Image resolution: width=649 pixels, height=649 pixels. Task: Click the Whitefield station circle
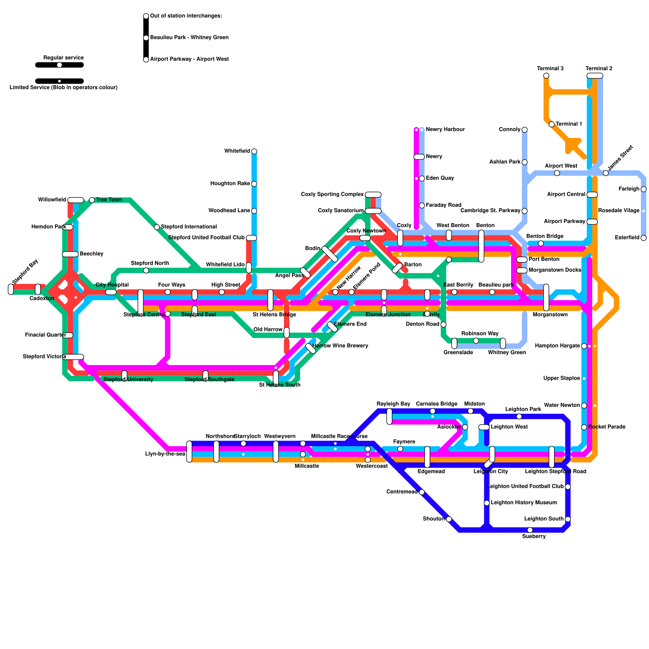254,151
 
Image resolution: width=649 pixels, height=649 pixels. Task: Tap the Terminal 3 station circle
546,76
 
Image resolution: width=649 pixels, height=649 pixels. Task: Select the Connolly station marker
524,130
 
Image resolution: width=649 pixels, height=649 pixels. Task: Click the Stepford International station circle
157,227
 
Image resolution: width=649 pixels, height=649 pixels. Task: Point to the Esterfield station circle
643,238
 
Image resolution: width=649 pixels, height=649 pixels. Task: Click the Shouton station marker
449,519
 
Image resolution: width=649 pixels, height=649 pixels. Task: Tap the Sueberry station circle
530,530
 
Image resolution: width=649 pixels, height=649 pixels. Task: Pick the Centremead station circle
422,492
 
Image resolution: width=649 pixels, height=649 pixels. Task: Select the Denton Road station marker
443,324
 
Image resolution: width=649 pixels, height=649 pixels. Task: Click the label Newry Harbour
445,129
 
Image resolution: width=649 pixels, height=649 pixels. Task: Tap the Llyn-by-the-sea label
165,454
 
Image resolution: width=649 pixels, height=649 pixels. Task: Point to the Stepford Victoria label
44,357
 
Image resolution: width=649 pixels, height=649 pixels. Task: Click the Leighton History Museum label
524,503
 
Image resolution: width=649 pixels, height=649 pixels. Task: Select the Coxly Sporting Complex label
332,194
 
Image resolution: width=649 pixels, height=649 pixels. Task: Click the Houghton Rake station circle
254,184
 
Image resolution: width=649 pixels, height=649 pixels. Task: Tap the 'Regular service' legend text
63,58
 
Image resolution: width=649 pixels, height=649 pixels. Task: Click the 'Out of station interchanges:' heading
186,16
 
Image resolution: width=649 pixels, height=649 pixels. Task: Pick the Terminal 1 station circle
552,124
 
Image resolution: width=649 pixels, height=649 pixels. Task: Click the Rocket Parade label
606,427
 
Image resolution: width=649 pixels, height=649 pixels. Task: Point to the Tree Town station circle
92,200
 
